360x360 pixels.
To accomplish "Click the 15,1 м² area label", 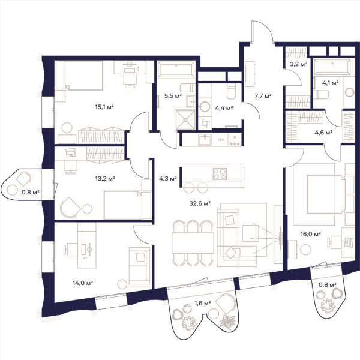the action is (x=104, y=107).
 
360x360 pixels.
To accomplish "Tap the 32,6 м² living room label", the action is (x=200, y=203).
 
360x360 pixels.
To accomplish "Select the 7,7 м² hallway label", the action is (x=263, y=96).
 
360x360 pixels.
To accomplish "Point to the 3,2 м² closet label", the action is (x=298, y=64).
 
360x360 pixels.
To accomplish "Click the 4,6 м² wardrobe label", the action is (x=323, y=133).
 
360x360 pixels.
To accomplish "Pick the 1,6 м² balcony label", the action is (x=203, y=303).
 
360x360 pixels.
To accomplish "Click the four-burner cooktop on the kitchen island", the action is (x=220, y=174).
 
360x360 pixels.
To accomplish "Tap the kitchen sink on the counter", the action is (x=205, y=140).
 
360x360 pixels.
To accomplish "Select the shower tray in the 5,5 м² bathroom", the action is (x=185, y=119).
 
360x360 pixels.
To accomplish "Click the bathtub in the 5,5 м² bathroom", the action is (x=176, y=69).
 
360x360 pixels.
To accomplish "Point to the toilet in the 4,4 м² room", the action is (x=231, y=91).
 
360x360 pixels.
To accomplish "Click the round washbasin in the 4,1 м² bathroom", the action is (x=350, y=92).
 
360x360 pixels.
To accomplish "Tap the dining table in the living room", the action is (x=193, y=243).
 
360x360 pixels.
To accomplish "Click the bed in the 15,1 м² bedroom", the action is (x=79, y=76).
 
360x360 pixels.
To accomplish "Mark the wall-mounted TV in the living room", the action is (x=280, y=238).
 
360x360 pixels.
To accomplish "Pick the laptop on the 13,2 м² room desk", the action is (x=70, y=152).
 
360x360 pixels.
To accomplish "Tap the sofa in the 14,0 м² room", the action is (x=140, y=266).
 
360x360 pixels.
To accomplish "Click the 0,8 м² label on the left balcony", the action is (x=31, y=192).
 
